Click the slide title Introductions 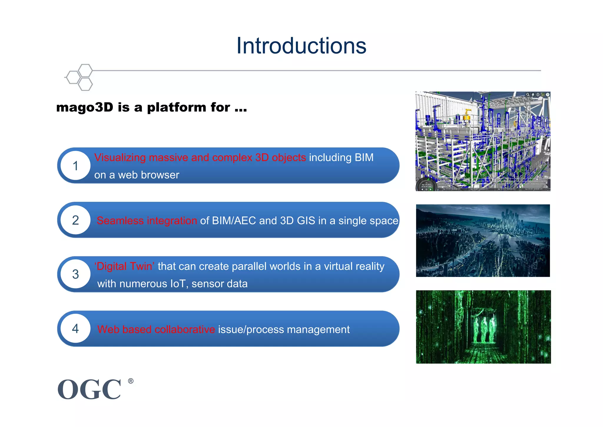(301, 46)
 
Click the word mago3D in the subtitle (85, 107)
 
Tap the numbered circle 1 (75, 166)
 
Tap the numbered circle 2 (75, 220)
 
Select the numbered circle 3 (75, 274)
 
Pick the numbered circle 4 (75, 329)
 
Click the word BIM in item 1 (364, 158)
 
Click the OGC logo (89, 389)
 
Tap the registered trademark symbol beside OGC (131, 381)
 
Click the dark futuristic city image (483, 241)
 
